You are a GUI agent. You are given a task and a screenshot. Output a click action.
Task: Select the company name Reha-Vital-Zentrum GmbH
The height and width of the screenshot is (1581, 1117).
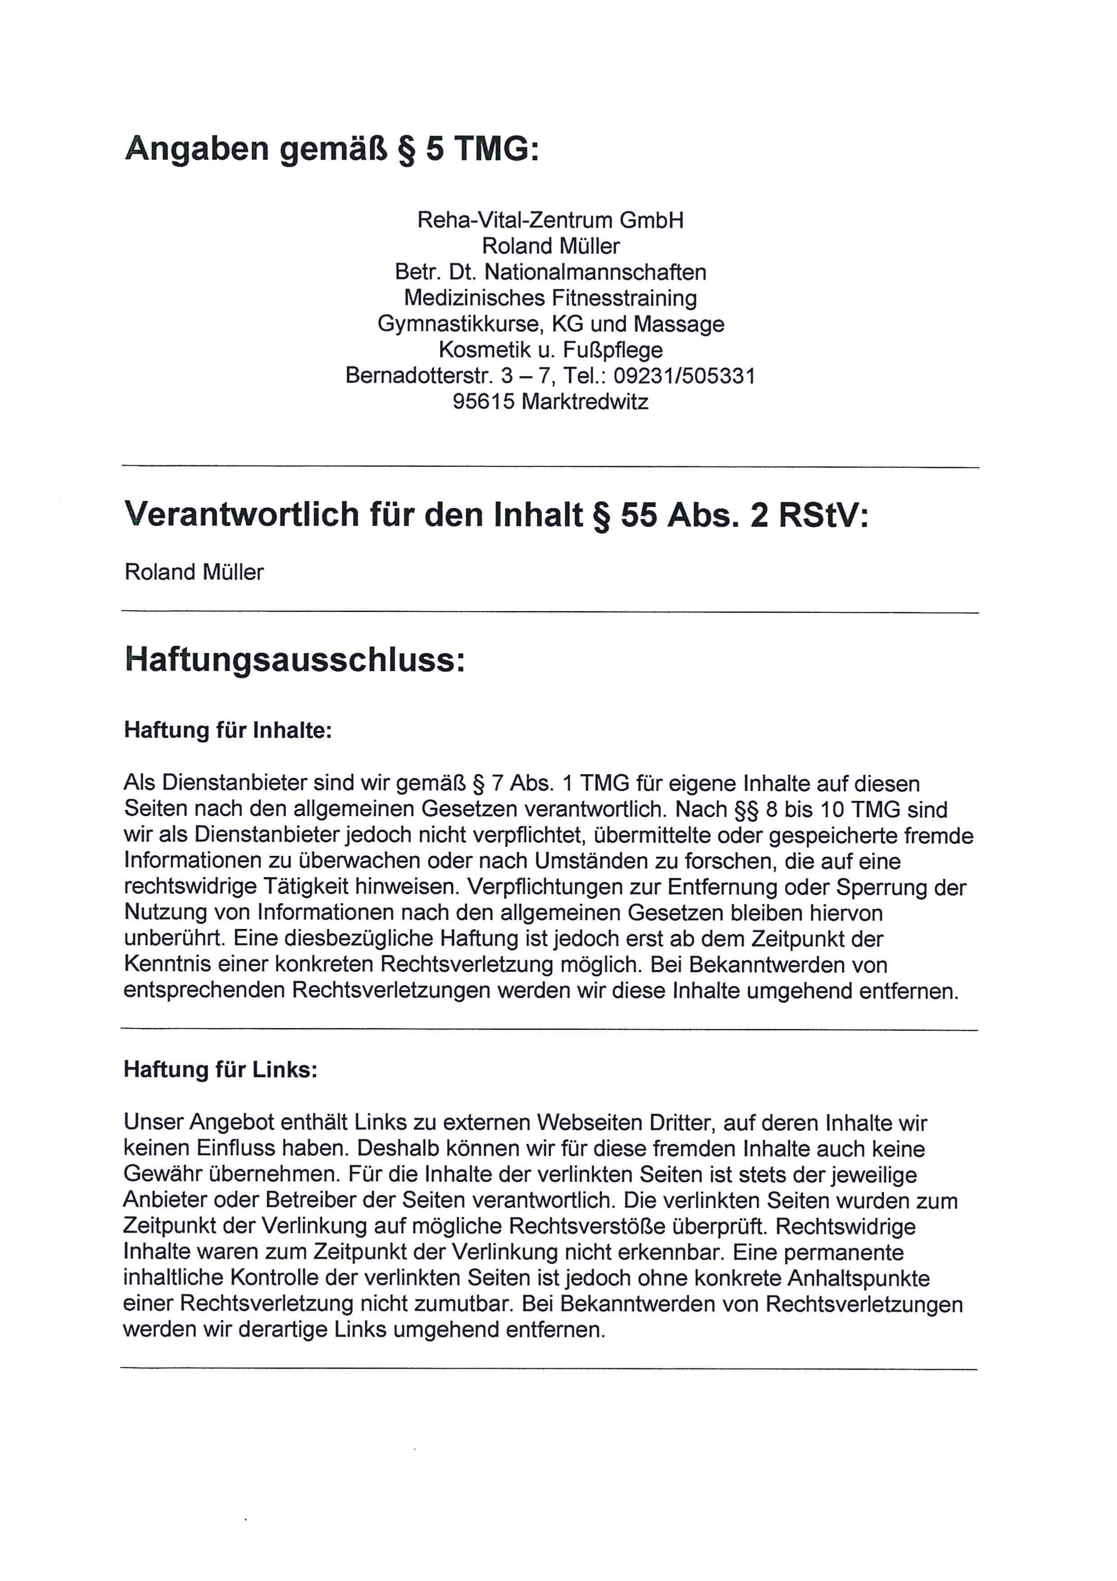[x=550, y=221]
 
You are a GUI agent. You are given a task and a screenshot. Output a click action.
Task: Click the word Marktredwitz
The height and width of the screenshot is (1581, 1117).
[x=585, y=402]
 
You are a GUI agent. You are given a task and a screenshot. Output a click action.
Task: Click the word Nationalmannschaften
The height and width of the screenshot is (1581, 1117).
[x=595, y=273]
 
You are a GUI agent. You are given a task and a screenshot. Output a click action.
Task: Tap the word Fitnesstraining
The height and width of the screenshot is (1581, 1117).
[x=623, y=298]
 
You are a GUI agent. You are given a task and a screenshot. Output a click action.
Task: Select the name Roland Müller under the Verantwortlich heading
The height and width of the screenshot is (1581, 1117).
[x=194, y=573]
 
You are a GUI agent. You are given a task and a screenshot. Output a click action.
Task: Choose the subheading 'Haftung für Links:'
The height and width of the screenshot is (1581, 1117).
[x=220, y=1069]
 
